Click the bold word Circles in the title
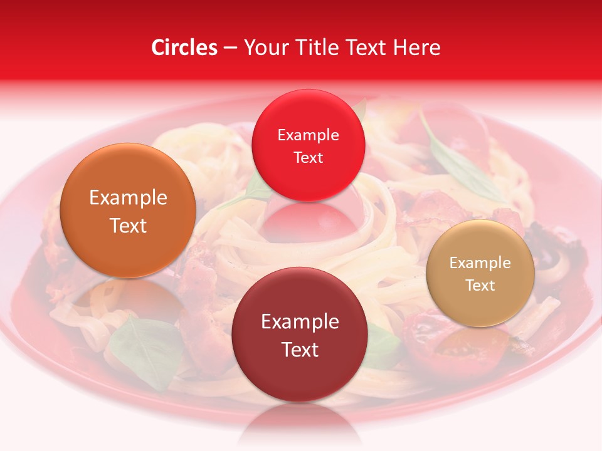tap(184, 48)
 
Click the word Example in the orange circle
tap(128, 198)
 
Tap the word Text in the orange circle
tap(128, 225)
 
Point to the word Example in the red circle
tap(308, 135)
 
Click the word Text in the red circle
tap(308, 157)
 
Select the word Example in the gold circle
tap(480, 263)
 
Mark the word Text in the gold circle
tap(480, 286)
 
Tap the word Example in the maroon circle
tap(300, 322)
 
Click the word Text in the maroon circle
tap(300, 350)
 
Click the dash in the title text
tap(230, 48)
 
